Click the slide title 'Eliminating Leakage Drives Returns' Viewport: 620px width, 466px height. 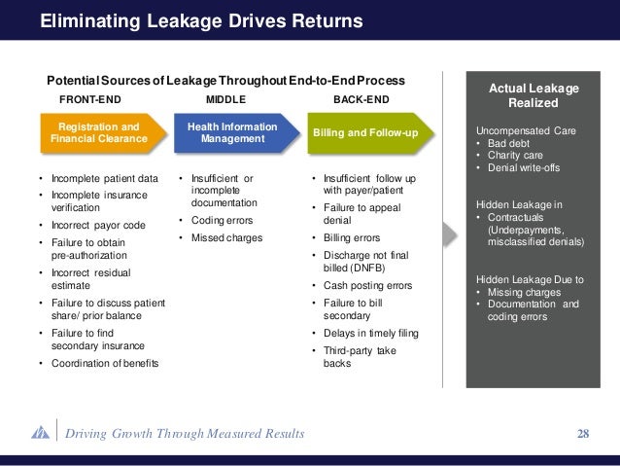click(x=201, y=20)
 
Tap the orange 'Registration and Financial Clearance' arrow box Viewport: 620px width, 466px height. click(x=98, y=133)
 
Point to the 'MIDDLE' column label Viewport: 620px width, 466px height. click(x=226, y=99)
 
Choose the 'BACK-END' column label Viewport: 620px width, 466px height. click(x=362, y=99)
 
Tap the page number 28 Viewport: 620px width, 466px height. click(x=583, y=433)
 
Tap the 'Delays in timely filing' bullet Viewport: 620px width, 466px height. click(x=370, y=333)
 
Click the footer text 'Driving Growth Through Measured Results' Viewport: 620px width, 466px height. click(x=184, y=433)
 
